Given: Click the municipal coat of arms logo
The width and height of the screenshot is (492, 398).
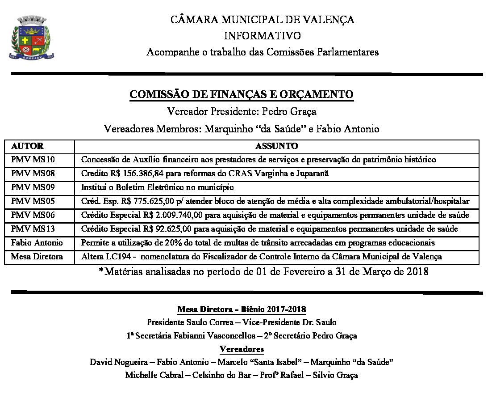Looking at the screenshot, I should pos(31,38).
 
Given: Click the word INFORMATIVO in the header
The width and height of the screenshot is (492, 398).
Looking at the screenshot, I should pos(262,36).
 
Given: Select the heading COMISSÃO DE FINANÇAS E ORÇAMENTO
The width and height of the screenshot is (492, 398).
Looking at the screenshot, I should pos(241,94).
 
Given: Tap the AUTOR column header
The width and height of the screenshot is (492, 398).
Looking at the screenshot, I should pos(27,146).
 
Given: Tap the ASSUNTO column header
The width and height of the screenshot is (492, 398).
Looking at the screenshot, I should pos(277,146).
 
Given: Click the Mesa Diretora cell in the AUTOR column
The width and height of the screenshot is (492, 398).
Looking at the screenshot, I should pos(37,257).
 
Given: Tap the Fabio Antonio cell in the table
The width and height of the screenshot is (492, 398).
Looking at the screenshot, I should pos(37,243).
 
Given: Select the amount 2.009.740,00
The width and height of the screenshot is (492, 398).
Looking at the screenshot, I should pos(179,216).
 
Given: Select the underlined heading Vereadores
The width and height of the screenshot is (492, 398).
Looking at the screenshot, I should pos(242,349).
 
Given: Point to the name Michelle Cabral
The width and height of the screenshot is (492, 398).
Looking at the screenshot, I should pos(150,375).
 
